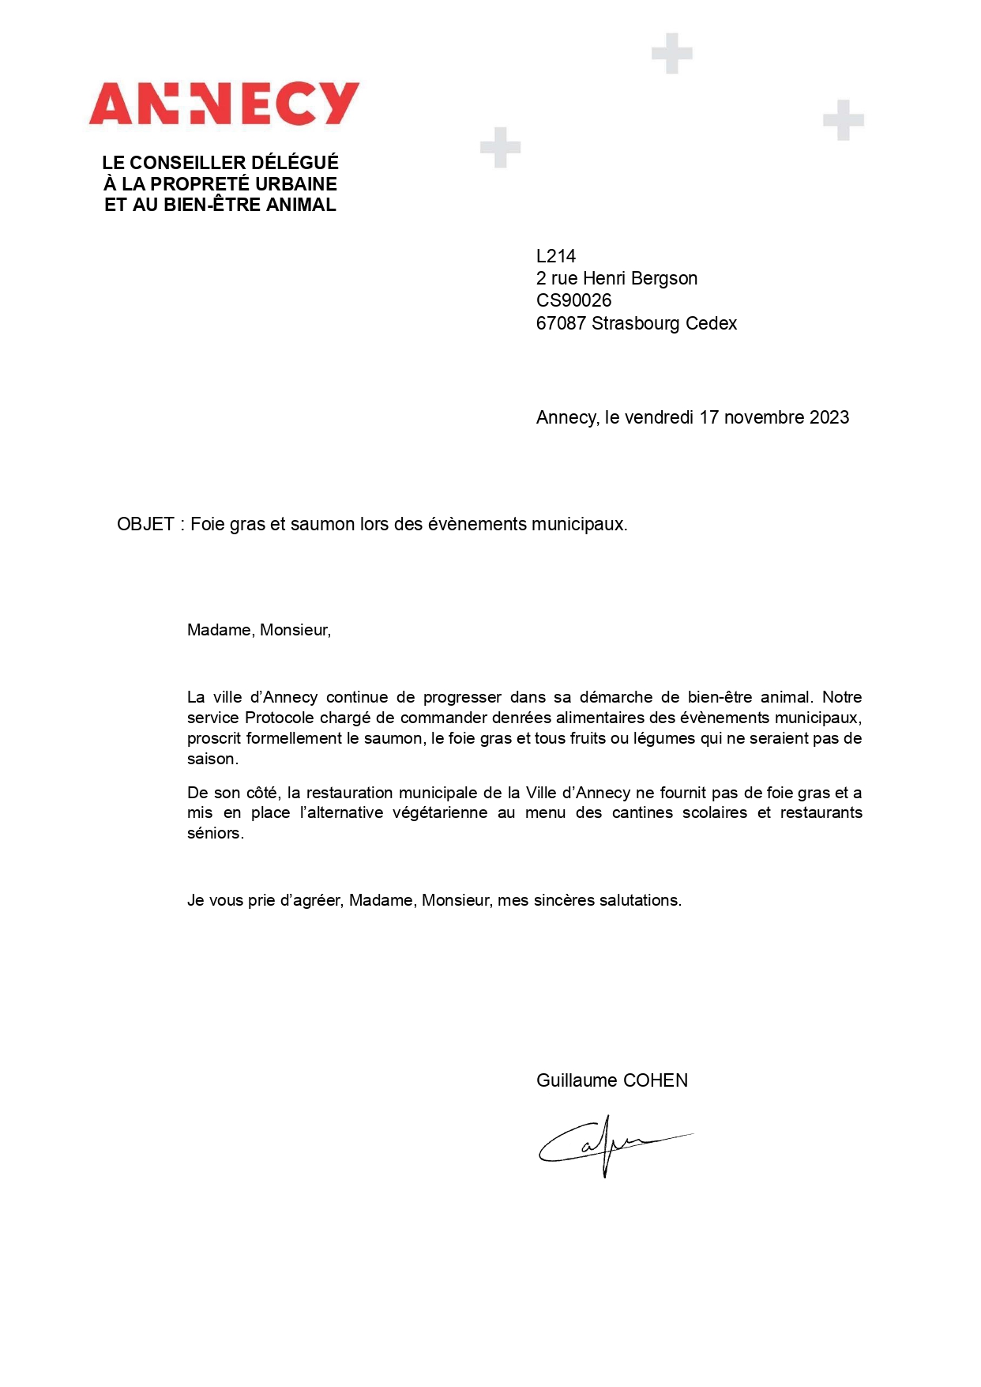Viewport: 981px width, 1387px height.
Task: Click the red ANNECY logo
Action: click(224, 104)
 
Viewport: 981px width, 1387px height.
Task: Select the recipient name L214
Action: click(556, 256)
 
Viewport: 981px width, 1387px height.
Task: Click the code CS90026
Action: click(573, 300)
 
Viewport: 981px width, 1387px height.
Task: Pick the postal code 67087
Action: click(561, 323)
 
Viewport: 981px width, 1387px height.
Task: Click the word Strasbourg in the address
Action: click(636, 323)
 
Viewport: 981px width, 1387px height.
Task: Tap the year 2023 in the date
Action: click(829, 417)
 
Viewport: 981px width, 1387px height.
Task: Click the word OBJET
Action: click(145, 524)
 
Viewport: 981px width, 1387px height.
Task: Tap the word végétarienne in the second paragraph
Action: click(440, 812)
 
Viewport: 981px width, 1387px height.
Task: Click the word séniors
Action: click(214, 833)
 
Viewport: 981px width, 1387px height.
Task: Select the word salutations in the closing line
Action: click(639, 900)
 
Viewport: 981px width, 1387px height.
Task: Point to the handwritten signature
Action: click(608, 1144)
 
